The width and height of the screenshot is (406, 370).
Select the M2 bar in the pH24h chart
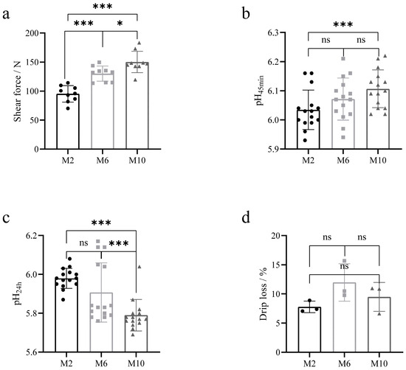point(68,306)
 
